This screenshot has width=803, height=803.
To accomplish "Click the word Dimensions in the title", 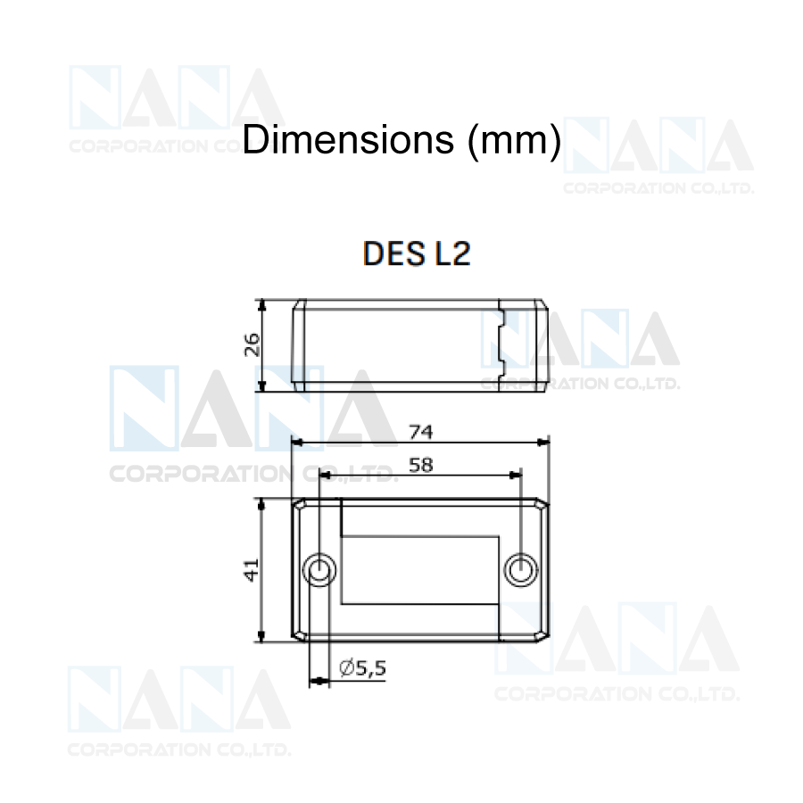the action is [348, 139].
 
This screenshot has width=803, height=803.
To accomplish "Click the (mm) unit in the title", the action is [514, 141].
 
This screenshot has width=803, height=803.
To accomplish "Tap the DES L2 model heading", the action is [417, 253].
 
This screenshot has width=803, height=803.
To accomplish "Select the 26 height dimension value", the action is [252, 344].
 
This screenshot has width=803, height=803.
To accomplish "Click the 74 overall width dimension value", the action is [421, 433].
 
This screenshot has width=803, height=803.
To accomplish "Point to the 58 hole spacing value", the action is [421, 466].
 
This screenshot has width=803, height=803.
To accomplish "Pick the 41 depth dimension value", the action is [252, 569].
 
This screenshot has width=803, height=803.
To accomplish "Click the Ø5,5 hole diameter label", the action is [362, 667].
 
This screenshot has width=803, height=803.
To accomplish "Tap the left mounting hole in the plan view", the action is [319, 570].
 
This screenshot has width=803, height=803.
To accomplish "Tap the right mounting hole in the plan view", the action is [521, 570].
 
